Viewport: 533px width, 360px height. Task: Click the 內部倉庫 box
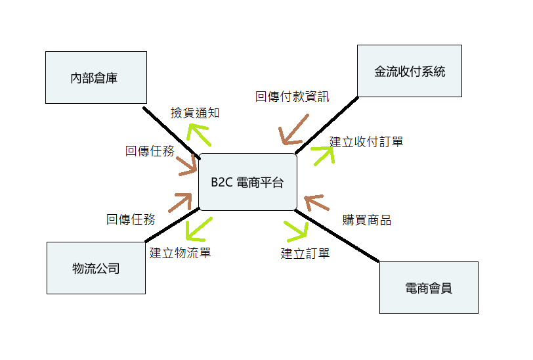coord(95,78)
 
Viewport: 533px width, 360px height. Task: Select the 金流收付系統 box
coord(409,71)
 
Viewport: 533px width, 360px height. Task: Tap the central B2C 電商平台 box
coord(247,182)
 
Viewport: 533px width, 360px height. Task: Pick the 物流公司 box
coord(96,267)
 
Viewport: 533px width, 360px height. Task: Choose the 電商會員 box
coord(429,288)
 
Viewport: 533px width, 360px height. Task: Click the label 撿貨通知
coord(195,113)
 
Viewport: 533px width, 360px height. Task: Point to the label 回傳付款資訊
coord(292,97)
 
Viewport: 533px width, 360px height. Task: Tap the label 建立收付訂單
coord(366,141)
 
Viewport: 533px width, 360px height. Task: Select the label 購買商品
coord(367,220)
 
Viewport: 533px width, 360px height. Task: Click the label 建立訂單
coord(305,254)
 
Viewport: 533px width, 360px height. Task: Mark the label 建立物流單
coord(180,252)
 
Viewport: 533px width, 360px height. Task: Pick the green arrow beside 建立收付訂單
coord(322,155)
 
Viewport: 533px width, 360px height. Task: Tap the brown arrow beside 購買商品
coord(316,204)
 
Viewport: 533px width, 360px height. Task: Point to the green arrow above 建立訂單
coord(297,230)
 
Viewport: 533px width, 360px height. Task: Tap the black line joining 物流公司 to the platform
coord(171,225)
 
